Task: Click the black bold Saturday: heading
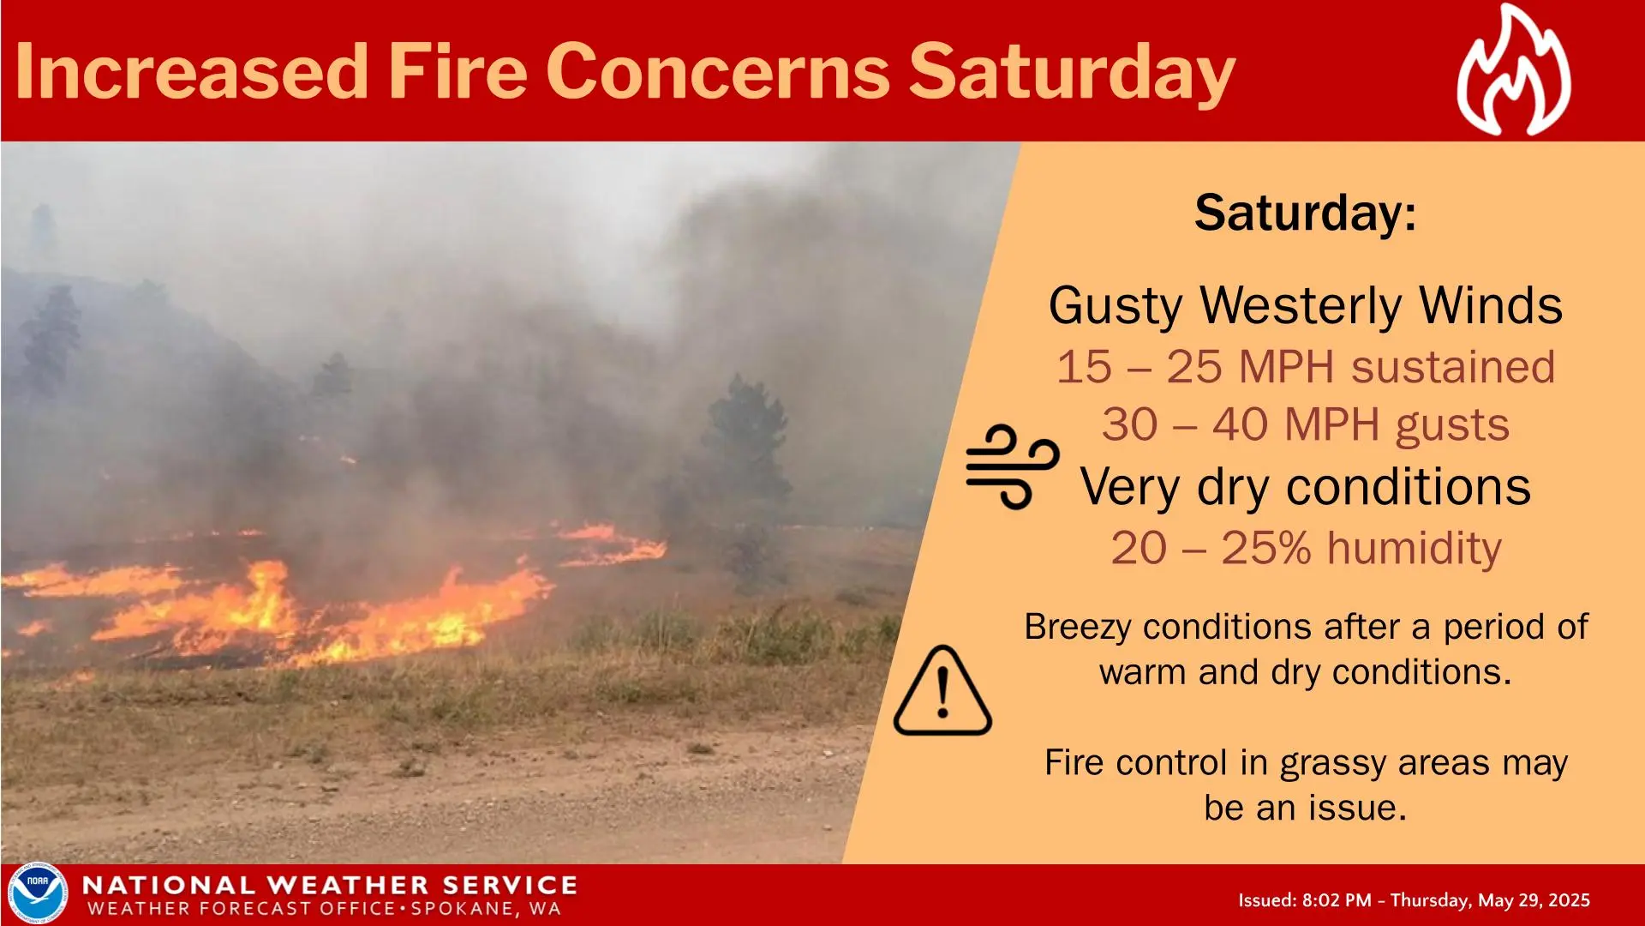[1306, 213]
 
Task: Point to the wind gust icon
[1012, 467]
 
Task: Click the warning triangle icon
[942, 691]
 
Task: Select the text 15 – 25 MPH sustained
[1306, 367]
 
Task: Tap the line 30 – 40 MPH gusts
[1306, 425]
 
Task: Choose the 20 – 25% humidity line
[1306, 548]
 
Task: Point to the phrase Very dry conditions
[1306, 487]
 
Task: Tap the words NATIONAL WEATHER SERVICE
[330, 885]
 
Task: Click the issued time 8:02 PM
[1337, 900]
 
